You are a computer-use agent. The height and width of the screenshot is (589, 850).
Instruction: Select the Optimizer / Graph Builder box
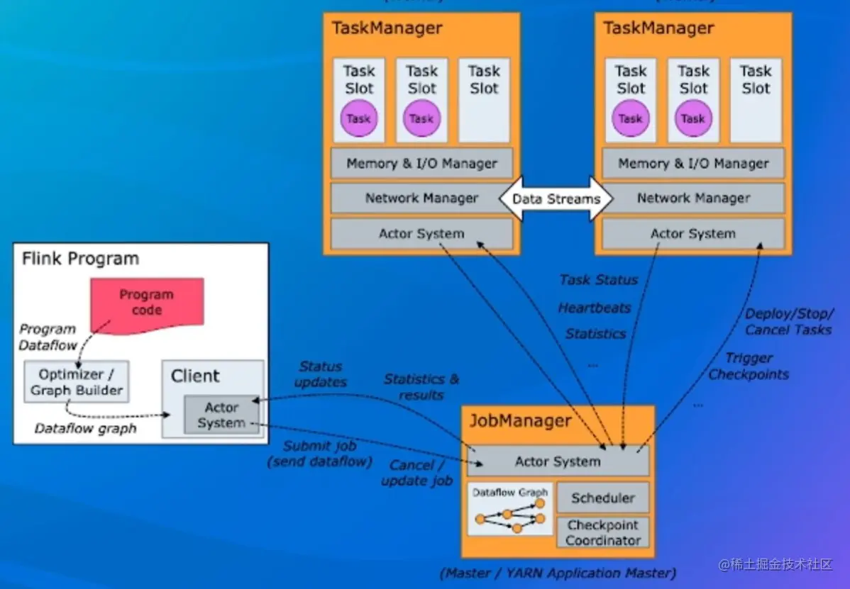point(76,382)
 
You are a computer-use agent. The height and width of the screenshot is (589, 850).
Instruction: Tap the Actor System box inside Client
point(221,415)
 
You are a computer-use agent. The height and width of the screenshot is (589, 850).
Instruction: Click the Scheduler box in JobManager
point(602,498)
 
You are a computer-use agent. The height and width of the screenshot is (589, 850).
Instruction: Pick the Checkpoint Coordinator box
point(602,532)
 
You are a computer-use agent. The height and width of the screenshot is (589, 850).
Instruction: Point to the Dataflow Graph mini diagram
point(510,509)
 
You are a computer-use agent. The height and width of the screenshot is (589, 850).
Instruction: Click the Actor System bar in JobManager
point(558,461)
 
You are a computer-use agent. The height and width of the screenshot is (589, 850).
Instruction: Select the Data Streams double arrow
point(556,199)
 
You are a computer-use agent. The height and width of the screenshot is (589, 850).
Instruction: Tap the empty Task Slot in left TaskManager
point(484,100)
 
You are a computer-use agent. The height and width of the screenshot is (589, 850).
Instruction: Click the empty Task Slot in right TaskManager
point(755,100)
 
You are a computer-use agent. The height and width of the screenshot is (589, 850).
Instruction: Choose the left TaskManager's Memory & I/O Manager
point(421,164)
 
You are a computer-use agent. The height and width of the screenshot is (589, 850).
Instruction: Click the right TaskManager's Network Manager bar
point(693,198)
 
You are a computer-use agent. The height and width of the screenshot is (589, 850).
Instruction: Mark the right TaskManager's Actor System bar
point(693,233)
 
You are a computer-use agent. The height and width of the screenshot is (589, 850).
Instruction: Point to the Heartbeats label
point(595,308)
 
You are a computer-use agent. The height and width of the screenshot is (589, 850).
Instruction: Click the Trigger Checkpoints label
point(749,366)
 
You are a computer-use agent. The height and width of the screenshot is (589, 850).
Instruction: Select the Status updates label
point(321,374)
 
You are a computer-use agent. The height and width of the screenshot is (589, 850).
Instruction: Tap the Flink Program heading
point(80,258)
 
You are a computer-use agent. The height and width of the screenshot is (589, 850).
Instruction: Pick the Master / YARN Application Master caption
point(558,572)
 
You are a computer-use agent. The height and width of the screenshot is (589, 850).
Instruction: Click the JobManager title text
point(520,421)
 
